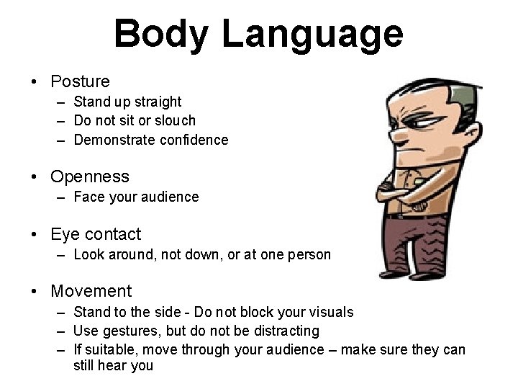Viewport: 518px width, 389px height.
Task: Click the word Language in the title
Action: click(x=312, y=34)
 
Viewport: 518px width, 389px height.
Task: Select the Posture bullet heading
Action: click(x=80, y=81)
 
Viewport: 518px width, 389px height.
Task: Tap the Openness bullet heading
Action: click(x=90, y=176)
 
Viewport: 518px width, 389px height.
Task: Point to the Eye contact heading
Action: click(x=96, y=234)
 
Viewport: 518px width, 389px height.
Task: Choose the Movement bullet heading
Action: click(x=91, y=291)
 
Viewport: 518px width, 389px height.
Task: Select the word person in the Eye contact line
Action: click(x=309, y=254)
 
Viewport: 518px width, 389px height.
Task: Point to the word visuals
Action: click(x=330, y=312)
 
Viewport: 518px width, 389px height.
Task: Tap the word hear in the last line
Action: click(x=112, y=366)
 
